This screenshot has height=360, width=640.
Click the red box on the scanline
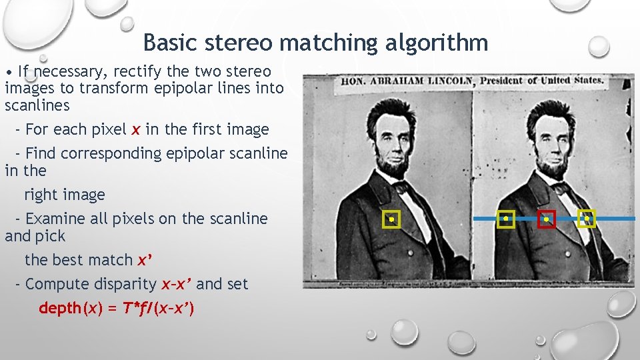point(547,219)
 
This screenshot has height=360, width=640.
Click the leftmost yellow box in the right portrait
point(506,219)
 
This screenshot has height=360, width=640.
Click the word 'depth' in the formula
point(59,308)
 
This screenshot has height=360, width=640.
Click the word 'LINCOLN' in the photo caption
point(446,81)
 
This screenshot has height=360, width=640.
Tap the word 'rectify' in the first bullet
point(139,71)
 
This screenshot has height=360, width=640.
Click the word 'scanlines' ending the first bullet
point(37,105)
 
